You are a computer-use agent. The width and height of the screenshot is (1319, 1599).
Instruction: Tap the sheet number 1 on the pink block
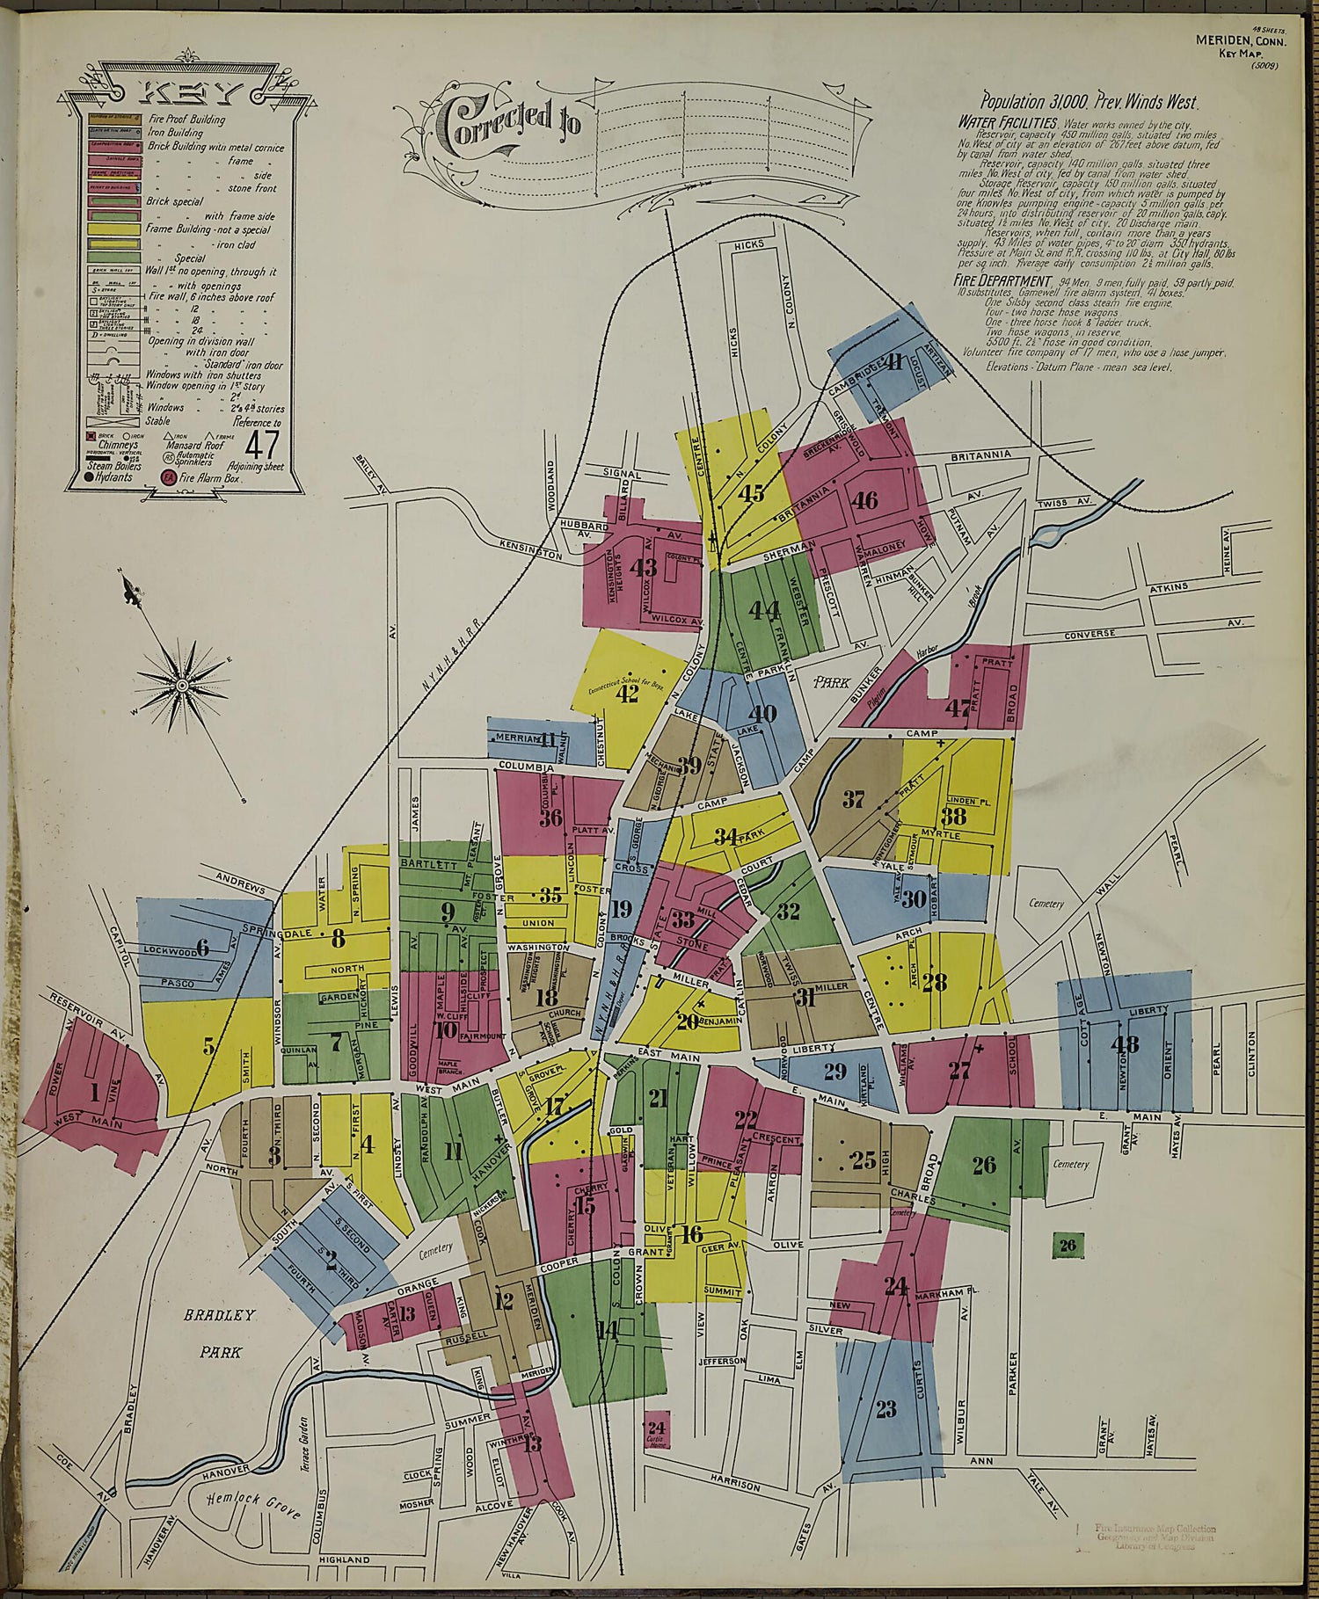click(94, 1093)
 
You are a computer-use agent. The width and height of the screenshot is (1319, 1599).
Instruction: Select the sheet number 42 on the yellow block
click(627, 694)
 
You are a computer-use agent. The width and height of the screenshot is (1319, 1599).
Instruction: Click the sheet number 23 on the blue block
click(885, 1409)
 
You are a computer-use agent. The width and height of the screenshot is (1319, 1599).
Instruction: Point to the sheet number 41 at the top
click(894, 361)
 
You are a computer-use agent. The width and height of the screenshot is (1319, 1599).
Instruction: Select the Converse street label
click(1089, 633)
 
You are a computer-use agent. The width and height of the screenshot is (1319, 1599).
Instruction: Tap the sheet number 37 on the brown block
click(853, 799)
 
